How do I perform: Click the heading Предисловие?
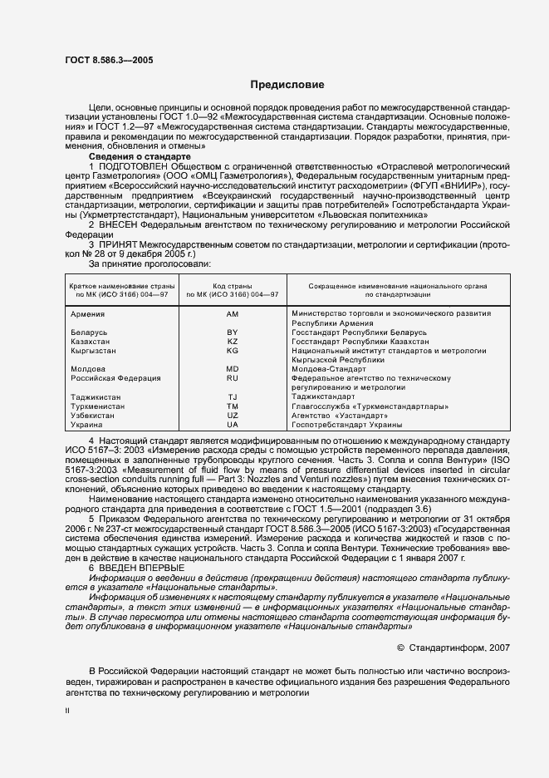(x=287, y=85)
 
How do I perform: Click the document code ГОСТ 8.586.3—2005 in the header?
(x=107, y=59)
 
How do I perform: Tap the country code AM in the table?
(x=233, y=313)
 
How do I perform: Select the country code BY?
(x=233, y=332)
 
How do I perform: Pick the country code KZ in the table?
(x=233, y=341)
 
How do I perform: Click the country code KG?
(x=233, y=350)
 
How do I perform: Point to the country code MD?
(x=233, y=368)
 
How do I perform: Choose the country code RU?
(x=233, y=377)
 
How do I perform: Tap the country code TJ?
(x=233, y=396)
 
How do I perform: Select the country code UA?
(x=233, y=424)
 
